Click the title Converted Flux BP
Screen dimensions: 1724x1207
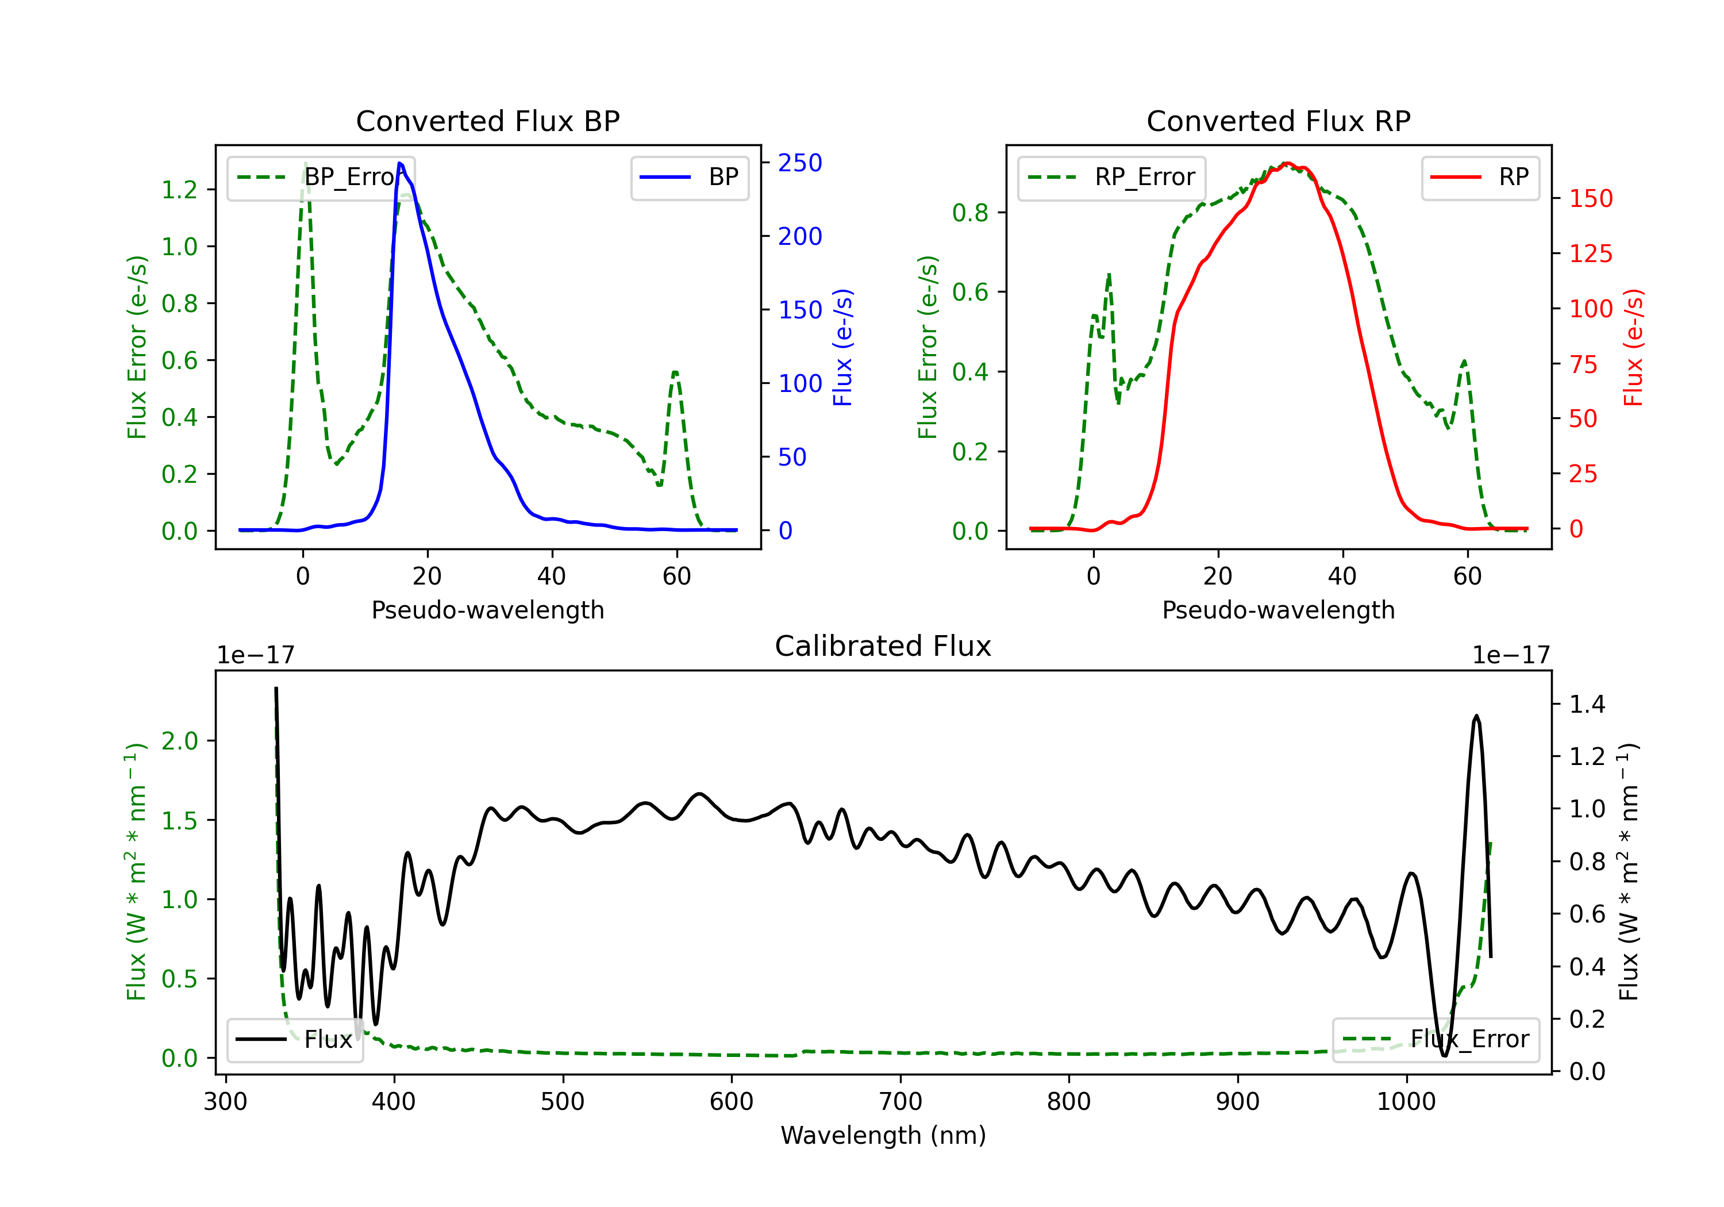[487, 121]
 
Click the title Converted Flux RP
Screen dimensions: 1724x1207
[1278, 121]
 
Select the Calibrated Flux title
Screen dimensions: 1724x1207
[883, 646]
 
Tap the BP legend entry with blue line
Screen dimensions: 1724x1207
[689, 177]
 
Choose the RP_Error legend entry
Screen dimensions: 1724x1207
[1111, 177]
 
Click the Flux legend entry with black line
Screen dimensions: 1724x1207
[294, 1040]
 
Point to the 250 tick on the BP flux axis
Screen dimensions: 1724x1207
[800, 163]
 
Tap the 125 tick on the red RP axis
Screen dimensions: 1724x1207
[1590, 254]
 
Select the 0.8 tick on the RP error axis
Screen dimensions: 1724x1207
[970, 213]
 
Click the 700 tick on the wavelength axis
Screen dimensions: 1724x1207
[901, 1102]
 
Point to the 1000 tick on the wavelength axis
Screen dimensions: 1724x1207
[1406, 1102]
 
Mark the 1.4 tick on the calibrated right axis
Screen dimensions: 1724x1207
[1587, 705]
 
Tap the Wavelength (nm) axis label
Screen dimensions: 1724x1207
[883, 1136]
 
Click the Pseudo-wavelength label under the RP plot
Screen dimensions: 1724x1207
[1278, 610]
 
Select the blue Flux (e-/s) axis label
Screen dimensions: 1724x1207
[842, 348]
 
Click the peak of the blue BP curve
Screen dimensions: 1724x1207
[400, 163]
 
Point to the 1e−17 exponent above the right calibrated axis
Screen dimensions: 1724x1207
[1511, 656]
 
